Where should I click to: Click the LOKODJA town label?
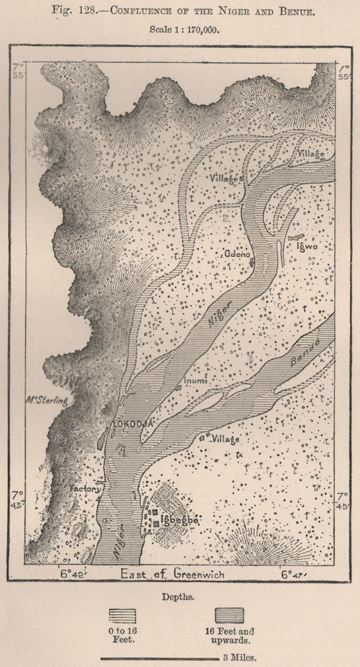(133, 422)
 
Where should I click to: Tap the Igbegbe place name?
(175, 519)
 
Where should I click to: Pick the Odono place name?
(237, 253)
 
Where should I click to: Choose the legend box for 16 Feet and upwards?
(229, 615)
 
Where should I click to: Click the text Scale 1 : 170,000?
(180, 30)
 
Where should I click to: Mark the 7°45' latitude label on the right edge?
(342, 500)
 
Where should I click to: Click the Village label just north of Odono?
(223, 179)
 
